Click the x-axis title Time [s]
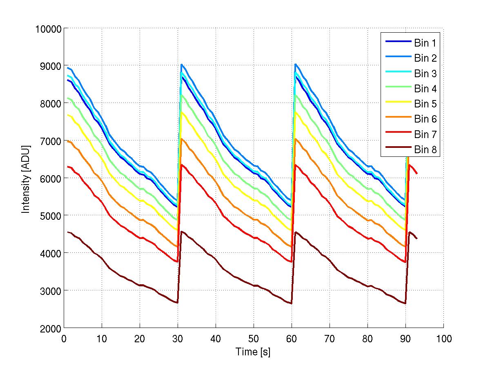(253, 352)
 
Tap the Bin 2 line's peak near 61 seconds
(295, 64)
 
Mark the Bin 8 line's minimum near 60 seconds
(292, 303)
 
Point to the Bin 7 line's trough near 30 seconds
(177, 262)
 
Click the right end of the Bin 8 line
(417, 239)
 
